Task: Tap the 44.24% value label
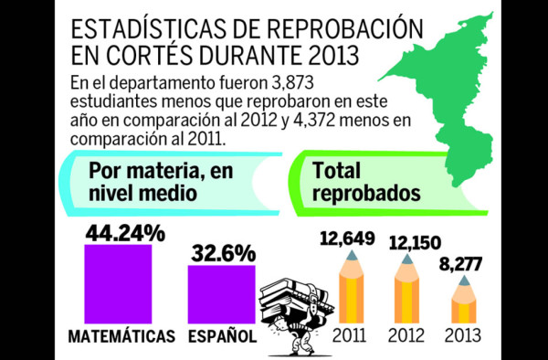pos(125,233)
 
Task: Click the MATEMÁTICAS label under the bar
pos(121,336)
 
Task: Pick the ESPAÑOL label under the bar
pos(222,336)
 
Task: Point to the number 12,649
pos(347,239)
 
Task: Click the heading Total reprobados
pos(365,181)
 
